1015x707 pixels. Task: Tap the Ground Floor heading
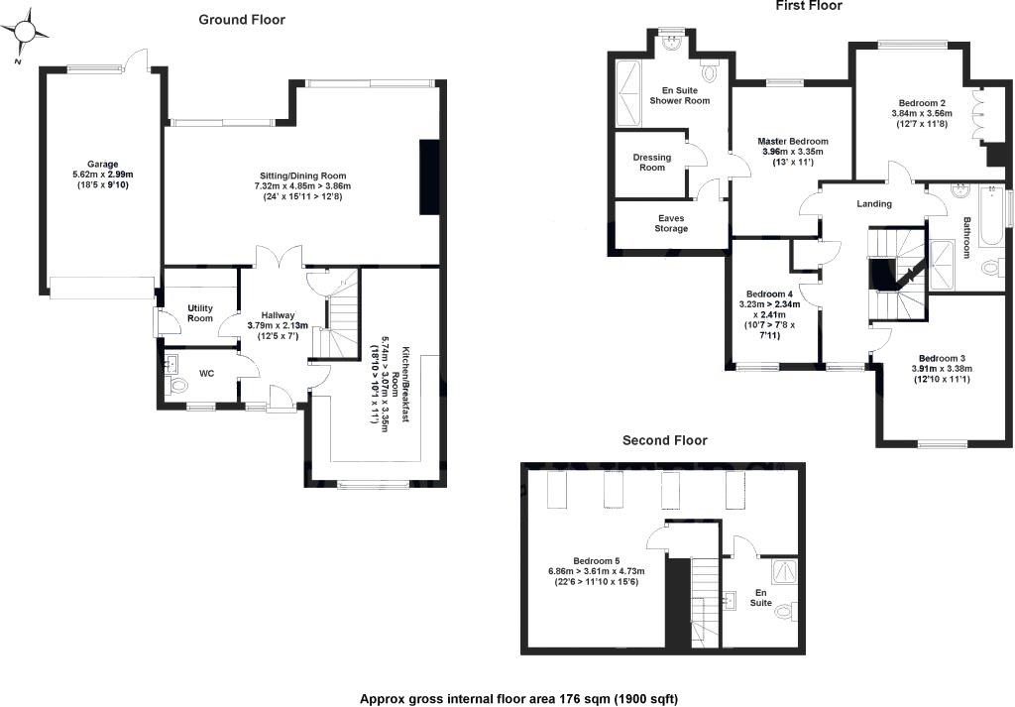click(241, 19)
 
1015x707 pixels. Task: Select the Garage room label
click(102, 164)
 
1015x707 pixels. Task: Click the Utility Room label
click(200, 313)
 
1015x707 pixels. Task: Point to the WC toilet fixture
click(178, 385)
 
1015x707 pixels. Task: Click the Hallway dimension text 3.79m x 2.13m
click(278, 325)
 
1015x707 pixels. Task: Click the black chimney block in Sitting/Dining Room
click(429, 177)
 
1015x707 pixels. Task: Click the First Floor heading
click(808, 6)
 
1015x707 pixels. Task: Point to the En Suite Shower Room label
click(679, 95)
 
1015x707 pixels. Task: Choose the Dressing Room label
click(651, 163)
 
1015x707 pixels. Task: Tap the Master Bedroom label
click(793, 141)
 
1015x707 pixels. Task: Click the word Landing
click(874, 204)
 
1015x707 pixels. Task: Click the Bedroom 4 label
click(769, 294)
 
